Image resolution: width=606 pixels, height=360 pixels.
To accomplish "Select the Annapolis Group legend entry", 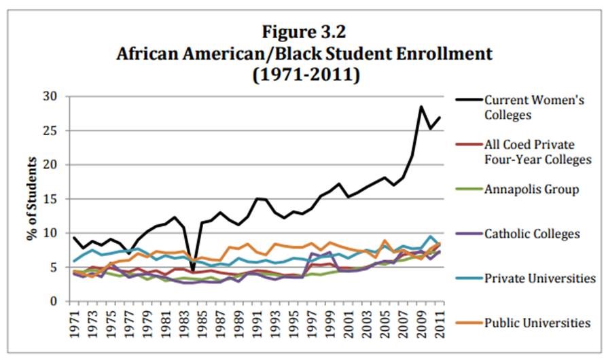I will (531, 190).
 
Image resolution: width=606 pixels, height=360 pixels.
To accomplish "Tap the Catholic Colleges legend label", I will (533, 234).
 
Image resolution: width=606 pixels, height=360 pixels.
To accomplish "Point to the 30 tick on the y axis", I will (56, 96).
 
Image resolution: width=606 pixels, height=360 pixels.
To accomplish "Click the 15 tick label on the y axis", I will (56, 199).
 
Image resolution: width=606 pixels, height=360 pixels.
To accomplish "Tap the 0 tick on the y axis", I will (59, 302).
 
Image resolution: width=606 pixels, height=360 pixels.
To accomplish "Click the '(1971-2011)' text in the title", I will (304, 73).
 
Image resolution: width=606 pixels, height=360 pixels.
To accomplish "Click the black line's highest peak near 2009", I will (421, 106).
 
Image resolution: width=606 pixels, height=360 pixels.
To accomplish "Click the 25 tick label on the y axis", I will (56, 130).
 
